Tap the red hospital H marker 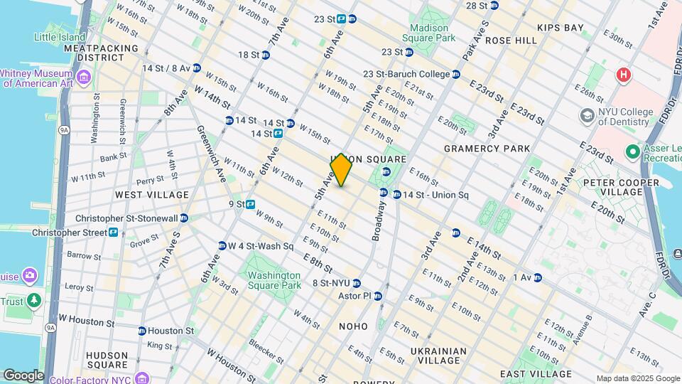click(x=624, y=74)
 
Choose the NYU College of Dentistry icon click(x=587, y=115)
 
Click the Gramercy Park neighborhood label click(x=487, y=149)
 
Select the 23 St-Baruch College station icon click(x=456, y=74)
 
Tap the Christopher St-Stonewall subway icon click(x=184, y=218)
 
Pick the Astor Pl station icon click(x=378, y=296)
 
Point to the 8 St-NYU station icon click(x=357, y=283)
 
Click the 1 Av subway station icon click(x=538, y=277)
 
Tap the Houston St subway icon click(x=142, y=331)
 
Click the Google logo click(x=23, y=375)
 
